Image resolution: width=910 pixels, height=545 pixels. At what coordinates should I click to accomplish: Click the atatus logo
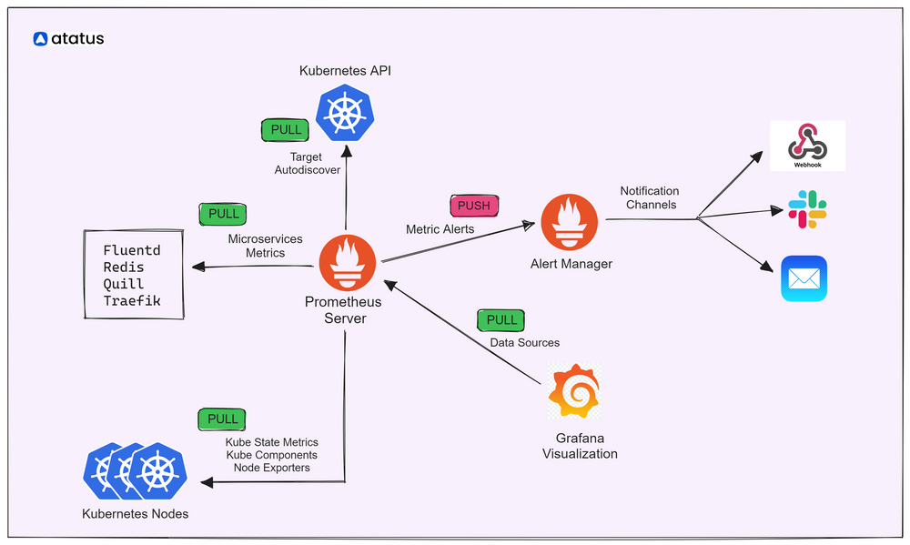[68, 39]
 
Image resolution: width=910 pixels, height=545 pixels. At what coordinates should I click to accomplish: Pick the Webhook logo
[807, 145]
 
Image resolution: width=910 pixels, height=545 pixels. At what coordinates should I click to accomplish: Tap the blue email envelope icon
[804, 278]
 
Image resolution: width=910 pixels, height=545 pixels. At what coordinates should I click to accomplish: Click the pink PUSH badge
[473, 206]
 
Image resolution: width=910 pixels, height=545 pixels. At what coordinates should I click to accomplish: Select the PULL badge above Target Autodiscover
[286, 130]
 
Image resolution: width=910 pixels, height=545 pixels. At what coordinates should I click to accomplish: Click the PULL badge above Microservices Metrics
[223, 215]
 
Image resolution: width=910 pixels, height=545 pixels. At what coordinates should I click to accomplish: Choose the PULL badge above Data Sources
[501, 320]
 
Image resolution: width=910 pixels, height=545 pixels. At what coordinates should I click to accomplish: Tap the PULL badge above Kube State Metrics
[222, 419]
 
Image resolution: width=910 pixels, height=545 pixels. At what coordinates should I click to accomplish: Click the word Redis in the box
[123, 267]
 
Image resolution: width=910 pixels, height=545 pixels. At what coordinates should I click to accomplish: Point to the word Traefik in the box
[132, 300]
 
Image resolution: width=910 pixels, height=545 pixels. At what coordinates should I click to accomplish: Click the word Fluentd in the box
[132, 250]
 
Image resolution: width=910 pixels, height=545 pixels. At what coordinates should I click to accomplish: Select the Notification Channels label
[651, 197]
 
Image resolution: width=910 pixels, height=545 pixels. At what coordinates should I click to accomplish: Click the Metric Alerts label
[440, 229]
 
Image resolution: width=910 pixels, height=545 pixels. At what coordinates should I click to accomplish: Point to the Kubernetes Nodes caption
[135, 514]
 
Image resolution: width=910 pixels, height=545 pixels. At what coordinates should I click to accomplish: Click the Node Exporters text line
[271, 468]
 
